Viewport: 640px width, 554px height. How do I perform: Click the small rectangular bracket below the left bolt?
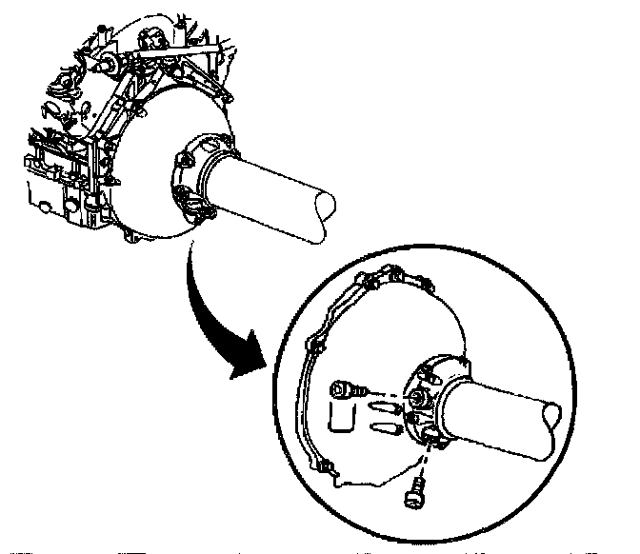click(339, 415)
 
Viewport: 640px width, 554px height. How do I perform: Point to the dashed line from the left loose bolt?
click(386, 391)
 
